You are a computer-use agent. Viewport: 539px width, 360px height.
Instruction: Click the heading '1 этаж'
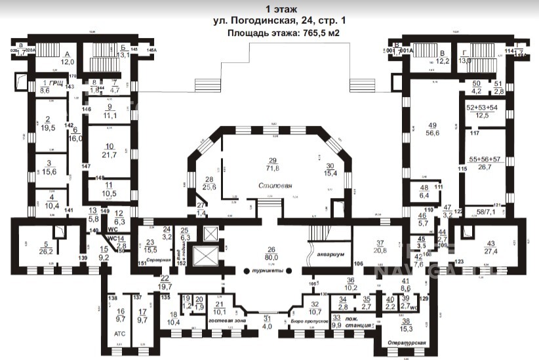click(x=281, y=9)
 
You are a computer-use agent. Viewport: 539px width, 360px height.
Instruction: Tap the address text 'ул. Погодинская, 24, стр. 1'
click(x=280, y=21)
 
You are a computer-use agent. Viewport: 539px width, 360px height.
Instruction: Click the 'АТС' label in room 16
click(x=119, y=332)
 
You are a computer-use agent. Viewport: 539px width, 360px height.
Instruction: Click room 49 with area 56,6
click(x=431, y=129)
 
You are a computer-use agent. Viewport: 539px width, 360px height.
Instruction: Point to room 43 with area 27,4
click(x=490, y=247)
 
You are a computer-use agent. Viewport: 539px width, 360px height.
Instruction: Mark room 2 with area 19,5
click(x=47, y=125)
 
